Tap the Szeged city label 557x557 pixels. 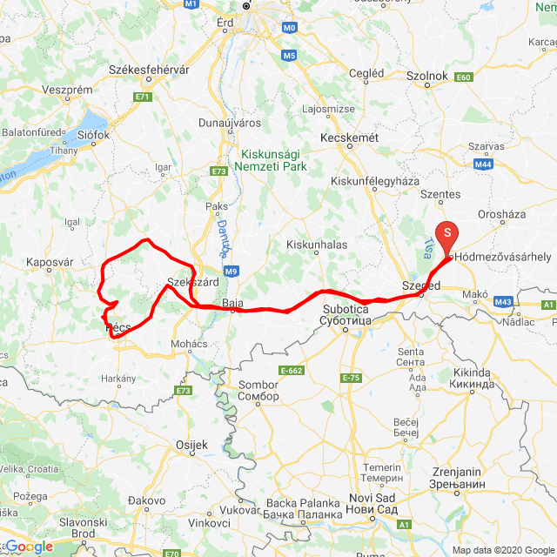[421, 285]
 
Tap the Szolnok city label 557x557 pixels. [426, 76]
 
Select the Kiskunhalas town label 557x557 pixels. [317, 245]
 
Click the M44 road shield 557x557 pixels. [484, 163]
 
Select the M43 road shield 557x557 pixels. [503, 302]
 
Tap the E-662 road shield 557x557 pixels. [291, 371]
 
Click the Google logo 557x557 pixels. [29, 547]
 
